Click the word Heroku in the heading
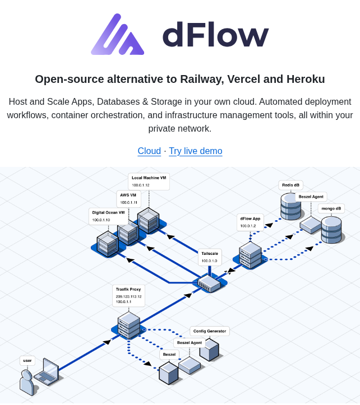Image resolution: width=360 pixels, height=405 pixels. [x=304, y=79]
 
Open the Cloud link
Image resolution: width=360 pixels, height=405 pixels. [x=149, y=151]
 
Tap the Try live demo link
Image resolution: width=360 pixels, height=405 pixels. [x=195, y=151]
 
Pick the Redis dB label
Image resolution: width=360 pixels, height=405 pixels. [x=290, y=185]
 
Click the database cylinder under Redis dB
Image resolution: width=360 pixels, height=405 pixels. [x=291, y=207]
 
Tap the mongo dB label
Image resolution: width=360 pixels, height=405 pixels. [x=331, y=208]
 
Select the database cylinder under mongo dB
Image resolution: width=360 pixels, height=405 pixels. [x=331, y=230]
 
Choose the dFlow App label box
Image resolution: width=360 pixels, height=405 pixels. [x=250, y=222]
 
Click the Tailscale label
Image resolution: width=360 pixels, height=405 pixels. [x=210, y=257]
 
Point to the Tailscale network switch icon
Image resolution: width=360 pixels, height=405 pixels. [x=209, y=283]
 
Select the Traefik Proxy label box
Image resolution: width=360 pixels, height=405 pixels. [x=128, y=295]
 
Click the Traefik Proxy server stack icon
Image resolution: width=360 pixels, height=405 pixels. [x=128, y=325]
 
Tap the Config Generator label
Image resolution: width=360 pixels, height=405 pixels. [x=210, y=331]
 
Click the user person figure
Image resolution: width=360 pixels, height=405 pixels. [x=26, y=383]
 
